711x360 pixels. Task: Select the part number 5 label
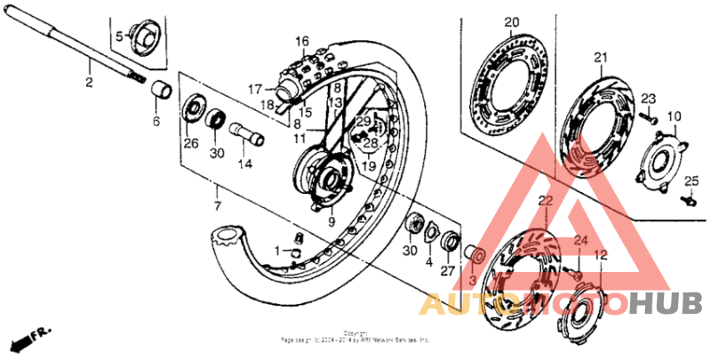click(x=116, y=36)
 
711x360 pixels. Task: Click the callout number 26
click(x=190, y=143)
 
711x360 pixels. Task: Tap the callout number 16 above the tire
click(x=301, y=41)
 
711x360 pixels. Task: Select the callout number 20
click(x=511, y=22)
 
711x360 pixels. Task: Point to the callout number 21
click(x=600, y=59)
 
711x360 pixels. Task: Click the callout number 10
click(x=674, y=116)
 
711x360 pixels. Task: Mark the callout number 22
click(x=544, y=200)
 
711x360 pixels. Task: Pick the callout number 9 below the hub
click(x=331, y=222)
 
